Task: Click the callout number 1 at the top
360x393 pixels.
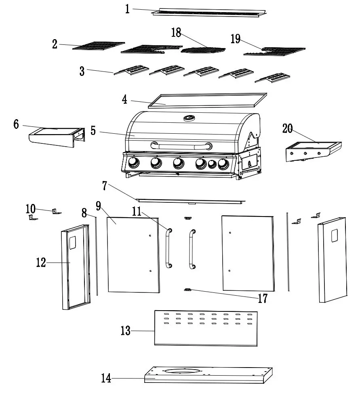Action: (128, 8)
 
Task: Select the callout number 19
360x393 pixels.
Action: (236, 39)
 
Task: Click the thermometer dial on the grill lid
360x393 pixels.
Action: (189, 118)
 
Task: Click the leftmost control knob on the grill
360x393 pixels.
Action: (133, 163)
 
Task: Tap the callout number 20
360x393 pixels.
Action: (288, 128)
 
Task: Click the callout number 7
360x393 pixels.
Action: (105, 186)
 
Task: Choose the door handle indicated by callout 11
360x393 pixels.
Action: (168, 248)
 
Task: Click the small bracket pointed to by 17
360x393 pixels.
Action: (187, 290)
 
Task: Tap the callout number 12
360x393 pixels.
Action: (41, 263)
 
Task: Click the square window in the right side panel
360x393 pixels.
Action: (335, 236)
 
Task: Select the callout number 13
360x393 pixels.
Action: (126, 331)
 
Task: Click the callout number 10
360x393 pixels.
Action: (31, 209)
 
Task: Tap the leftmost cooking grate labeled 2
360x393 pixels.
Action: (99, 46)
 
